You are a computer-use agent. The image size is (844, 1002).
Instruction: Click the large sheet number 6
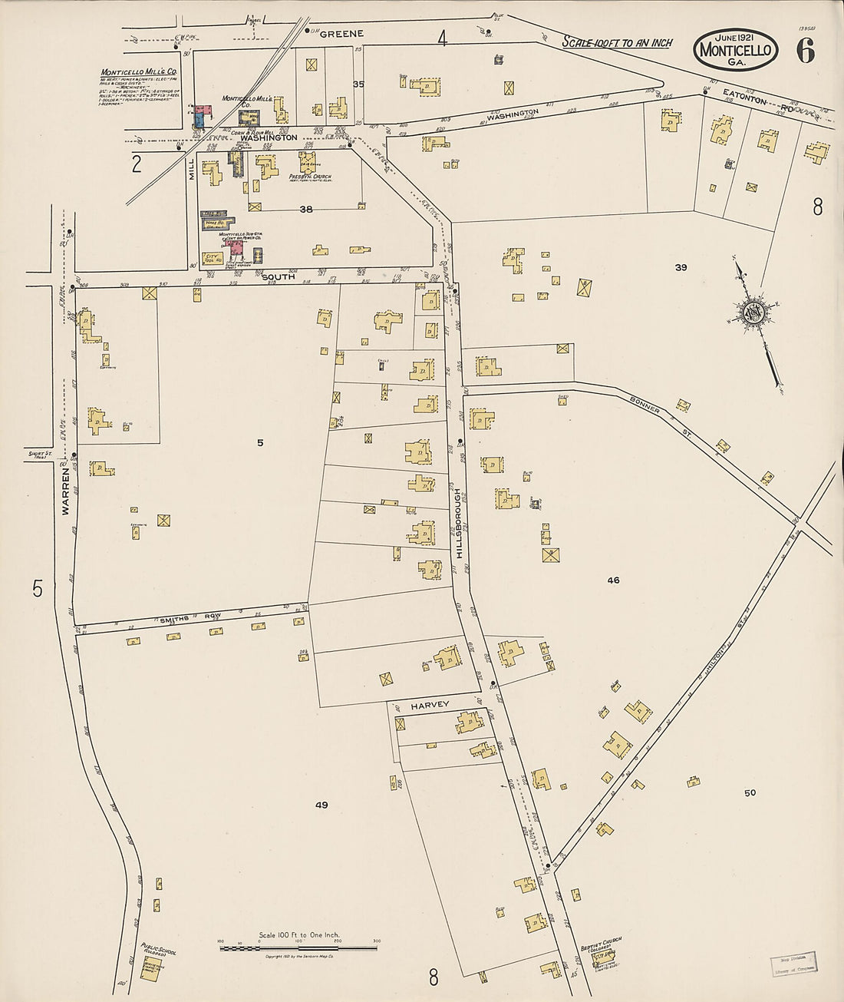click(805, 50)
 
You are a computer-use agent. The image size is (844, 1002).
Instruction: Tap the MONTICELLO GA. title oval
click(736, 50)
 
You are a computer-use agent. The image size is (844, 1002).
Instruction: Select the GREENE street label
click(341, 34)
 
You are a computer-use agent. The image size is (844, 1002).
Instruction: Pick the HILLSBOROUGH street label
click(458, 522)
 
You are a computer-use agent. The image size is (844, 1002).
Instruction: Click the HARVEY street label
click(428, 705)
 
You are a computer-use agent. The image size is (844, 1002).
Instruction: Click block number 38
click(306, 209)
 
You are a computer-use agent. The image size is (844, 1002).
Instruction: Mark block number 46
click(613, 580)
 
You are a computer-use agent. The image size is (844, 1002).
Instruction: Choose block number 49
click(321, 805)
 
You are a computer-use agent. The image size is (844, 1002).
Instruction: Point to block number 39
click(680, 267)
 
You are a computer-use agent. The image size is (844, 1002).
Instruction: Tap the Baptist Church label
click(601, 942)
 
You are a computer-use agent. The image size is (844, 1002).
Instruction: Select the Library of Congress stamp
click(793, 963)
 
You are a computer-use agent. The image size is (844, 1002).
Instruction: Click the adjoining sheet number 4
click(442, 38)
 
